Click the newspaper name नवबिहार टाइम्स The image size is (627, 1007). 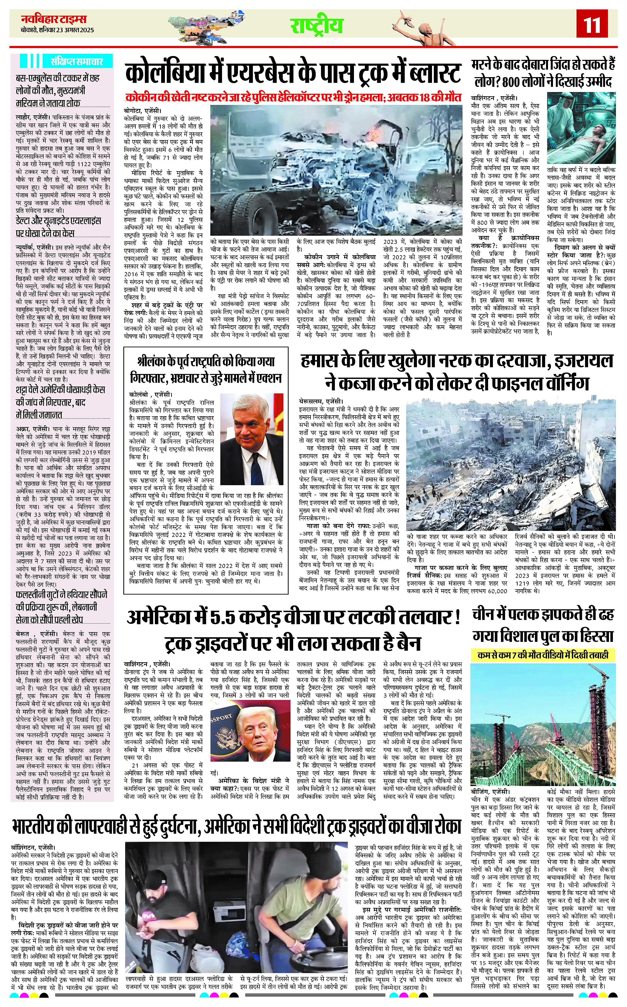pos(54,19)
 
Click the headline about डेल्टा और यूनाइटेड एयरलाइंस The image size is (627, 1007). pos(58,227)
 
